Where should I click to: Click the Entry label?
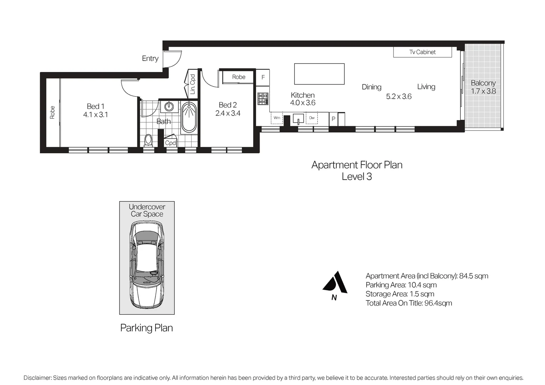point(150,58)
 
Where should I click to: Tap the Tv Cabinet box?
point(422,52)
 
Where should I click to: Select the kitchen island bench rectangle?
point(319,74)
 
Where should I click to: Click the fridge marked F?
point(263,77)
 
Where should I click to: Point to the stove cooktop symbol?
point(263,99)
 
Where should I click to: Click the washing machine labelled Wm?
point(277,118)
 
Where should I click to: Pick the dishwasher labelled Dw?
point(312,118)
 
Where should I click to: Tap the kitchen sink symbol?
point(298,118)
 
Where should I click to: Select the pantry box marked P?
point(333,119)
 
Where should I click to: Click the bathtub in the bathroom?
point(189,117)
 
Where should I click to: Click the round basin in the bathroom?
point(170,106)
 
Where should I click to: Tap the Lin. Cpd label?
point(193,84)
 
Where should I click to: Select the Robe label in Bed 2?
point(239,77)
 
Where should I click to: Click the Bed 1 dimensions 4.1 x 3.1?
point(96,115)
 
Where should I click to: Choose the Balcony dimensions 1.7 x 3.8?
point(483,91)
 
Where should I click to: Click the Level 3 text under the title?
point(357,176)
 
